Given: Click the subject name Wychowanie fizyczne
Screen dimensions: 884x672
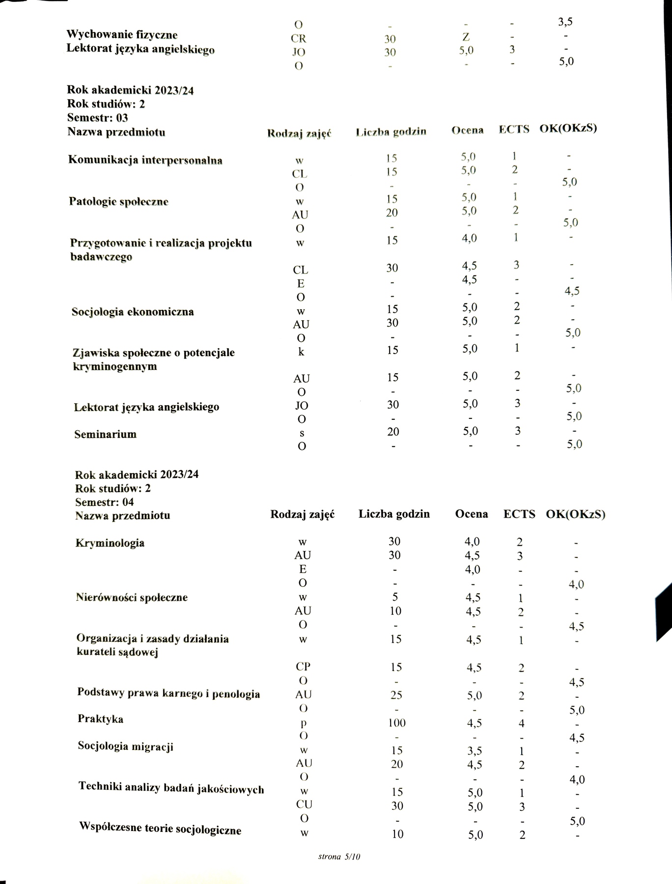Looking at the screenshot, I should pyautogui.click(x=122, y=35).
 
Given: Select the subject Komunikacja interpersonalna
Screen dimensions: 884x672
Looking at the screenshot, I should pyautogui.click(x=145, y=160).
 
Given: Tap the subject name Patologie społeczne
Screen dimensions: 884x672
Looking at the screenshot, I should pyautogui.click(x=119, y=201).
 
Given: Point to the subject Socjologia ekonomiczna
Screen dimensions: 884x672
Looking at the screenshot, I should pyautogui.click(x=133, y=312).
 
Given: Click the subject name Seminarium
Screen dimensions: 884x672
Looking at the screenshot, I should pyautogui.click(x=105, y=434).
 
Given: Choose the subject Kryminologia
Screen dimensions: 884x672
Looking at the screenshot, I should pyautogui.click(x=110, y=543).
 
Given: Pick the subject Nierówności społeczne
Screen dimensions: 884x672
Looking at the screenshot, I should pyautogui.click(x=132, y=597).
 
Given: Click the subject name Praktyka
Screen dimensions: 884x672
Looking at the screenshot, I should pyautogui.click(x=100, y=719).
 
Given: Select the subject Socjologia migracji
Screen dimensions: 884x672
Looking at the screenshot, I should pyautogui.click(x=125, y=746).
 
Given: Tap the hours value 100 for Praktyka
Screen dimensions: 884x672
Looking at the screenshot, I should pyautogui.click(x=396, y=722).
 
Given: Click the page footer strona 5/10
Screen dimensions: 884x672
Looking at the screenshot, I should pyautogui.click(x=339, y=857).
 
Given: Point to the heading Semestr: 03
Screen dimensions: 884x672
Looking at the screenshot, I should pyautogui.click(x=97, y=118).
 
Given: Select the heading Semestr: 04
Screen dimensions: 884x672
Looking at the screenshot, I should pyautogui.click(x=104, y=502).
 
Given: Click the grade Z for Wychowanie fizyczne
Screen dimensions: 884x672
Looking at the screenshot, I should pyautogui.click(x=466, y=37).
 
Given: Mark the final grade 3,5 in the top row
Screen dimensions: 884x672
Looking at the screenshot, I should pyautogui.click(x=565, y=22).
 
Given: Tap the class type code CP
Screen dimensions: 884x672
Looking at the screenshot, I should pyautogui.click(x=303, y=666).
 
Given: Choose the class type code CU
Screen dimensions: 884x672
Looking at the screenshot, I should pyautogui.click(x=304, y=804).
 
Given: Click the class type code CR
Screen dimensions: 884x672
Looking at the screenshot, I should pyautogui.click(x=299, y=38).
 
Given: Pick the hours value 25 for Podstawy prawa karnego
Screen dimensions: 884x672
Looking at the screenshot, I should pyautogui.click(x=396, y=695).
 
